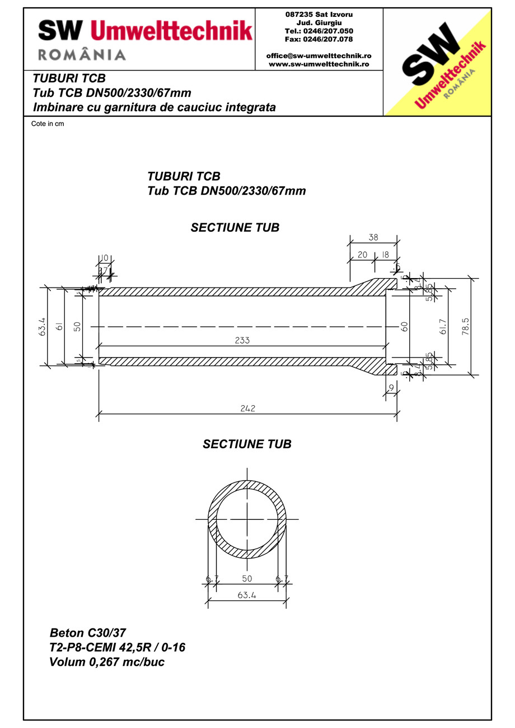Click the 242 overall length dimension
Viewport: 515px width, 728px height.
click(247, 408)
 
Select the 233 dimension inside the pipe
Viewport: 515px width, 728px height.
click(242, 340)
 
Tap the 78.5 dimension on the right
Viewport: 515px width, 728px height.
click(465, 326)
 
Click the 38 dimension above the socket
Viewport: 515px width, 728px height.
click(373, 237)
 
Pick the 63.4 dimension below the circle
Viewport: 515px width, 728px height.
click(246, 596)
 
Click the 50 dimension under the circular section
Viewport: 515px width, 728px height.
click(246, 578)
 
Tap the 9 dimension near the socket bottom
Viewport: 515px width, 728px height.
click(391, 387)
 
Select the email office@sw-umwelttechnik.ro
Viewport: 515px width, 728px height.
click(319, 56)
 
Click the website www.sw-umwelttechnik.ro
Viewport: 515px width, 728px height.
click(319, 64)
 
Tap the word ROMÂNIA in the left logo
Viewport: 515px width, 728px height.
click(82, 54)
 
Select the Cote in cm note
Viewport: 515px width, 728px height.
click(48, 124)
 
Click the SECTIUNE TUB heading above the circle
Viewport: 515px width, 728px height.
click(247, 444)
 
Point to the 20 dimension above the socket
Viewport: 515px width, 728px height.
click(362, 255)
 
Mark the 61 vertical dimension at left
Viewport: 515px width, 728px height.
click(59, 326)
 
